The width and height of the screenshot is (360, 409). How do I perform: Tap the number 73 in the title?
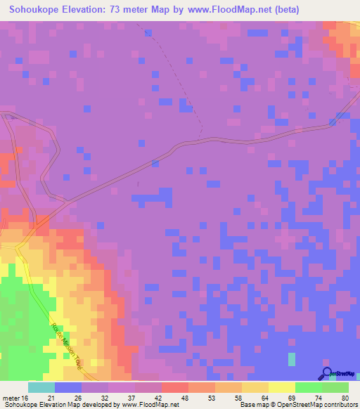pos(116,10)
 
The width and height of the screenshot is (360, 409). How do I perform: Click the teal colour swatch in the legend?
pos(41,387)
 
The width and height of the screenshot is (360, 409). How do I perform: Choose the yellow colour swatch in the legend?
pos(282,387)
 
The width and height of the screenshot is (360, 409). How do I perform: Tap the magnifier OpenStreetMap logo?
pos(328,374)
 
